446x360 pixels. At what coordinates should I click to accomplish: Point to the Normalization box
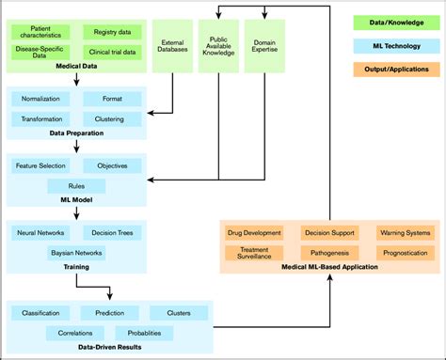click(x=40, y=98)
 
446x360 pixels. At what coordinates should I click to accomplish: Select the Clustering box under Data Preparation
click(x=109, y=118)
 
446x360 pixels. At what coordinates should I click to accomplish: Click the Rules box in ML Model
click(x=75, y=186)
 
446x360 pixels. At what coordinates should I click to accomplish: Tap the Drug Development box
click(x=254, y=232)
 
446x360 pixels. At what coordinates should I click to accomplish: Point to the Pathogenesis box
click(x=329, y=252)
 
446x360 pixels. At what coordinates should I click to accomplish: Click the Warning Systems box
click(x=404, y=232)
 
